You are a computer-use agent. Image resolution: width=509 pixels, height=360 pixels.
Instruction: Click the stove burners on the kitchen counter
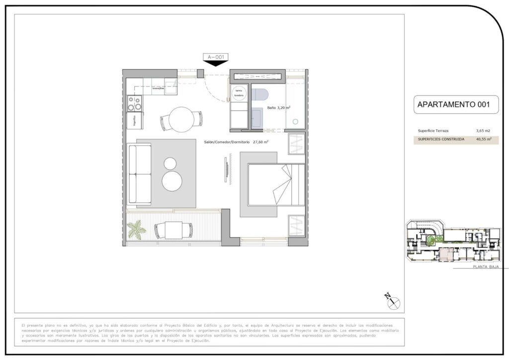[x=134, y=103]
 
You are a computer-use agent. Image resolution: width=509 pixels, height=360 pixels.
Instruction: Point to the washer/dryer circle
[x=239, y=93]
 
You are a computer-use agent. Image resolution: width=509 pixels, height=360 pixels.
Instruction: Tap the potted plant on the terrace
[x=135, y=230]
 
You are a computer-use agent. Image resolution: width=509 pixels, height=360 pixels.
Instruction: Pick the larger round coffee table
[x=172, y=181]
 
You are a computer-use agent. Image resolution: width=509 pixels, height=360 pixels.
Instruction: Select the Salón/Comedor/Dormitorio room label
[x=236, y=142]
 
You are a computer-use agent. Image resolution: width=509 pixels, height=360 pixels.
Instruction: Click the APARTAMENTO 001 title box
[x=453, y=104]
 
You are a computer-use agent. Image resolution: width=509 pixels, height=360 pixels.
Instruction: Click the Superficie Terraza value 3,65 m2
[x=483, y=130]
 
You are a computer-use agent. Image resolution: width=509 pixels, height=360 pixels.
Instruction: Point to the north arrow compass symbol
[x=393, y=300]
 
